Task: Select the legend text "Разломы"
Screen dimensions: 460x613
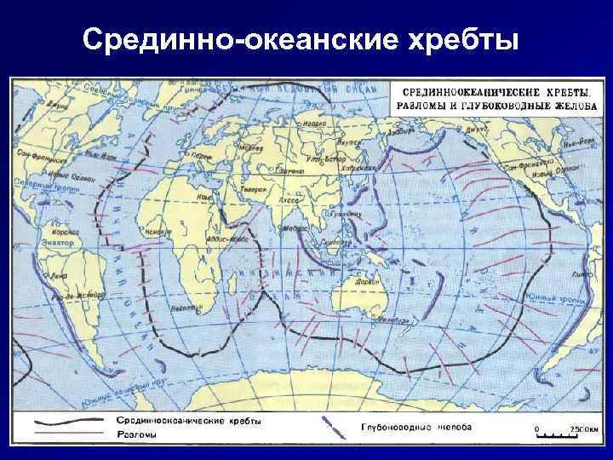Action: pos(133,434)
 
